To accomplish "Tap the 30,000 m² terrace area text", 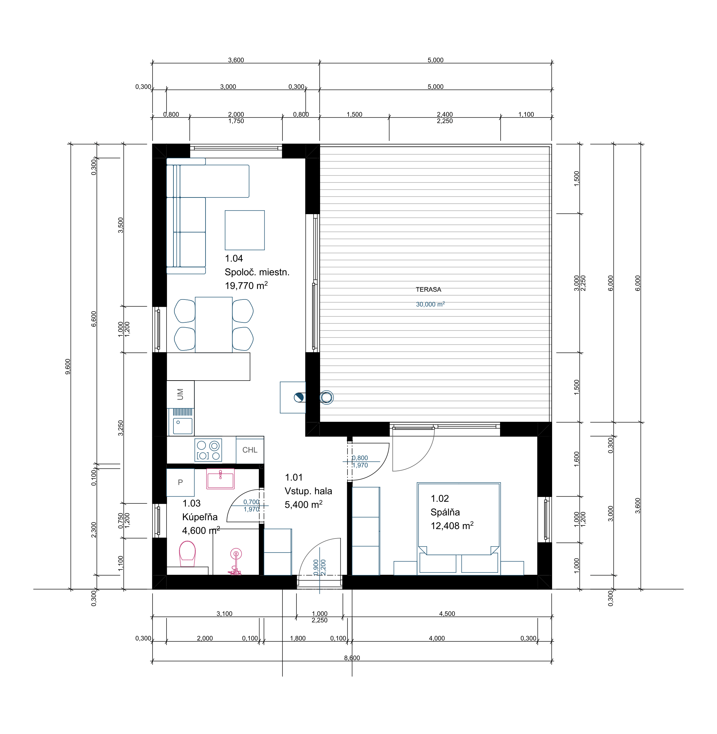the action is (x=430, y=304).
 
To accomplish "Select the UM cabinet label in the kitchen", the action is (x=180, y=394).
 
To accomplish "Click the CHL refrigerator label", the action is (x=250, y=450).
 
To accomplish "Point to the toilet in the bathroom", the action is (x=187, y=554).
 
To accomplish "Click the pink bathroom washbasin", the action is (x=220, y=479).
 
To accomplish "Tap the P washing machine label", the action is (x=180, y=482).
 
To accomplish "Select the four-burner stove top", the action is (x=208, y=450).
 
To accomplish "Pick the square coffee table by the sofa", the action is (x=245, y=230).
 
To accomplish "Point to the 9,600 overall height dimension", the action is (x=68, y=367).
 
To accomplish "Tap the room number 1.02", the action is (x=440, y=499).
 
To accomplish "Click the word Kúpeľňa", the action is (x=200, y=517).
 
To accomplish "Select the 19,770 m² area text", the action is (x=246, y=285).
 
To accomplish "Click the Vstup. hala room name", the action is (x=308, y=491).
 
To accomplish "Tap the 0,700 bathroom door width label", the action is (x=251, y=502).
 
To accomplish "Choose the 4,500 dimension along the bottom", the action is (x=447, y=614).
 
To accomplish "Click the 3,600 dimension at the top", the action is (x=236, y=60).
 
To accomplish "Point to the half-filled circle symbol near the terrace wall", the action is (x=299, y=397).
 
